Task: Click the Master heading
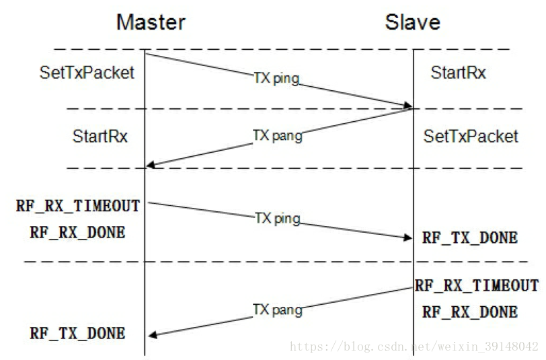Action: (151, 22)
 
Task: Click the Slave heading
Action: (412, 22)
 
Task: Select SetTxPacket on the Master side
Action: (87, 73)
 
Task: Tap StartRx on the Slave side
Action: (458, 73)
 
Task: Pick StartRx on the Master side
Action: (100, 137)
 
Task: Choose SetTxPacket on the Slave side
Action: (471, 137)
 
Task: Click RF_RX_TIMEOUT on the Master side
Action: (78, 206)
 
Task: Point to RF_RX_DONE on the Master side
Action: (77, 232)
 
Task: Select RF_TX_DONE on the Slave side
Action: (470, 238)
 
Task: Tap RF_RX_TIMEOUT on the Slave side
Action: (476, 285)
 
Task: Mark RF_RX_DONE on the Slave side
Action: (470, 312)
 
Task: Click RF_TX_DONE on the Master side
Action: (77, 333)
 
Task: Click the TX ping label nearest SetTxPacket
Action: (276, 79)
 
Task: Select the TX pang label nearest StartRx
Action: (277, 136)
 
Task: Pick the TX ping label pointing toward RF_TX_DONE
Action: (277, 219)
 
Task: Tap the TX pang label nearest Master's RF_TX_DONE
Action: (277, 310)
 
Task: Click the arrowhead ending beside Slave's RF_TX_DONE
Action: (407, 238)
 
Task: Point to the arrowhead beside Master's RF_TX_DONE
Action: (152, 334)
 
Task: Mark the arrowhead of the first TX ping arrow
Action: (407, 106)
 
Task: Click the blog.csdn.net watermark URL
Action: (414, 347)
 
